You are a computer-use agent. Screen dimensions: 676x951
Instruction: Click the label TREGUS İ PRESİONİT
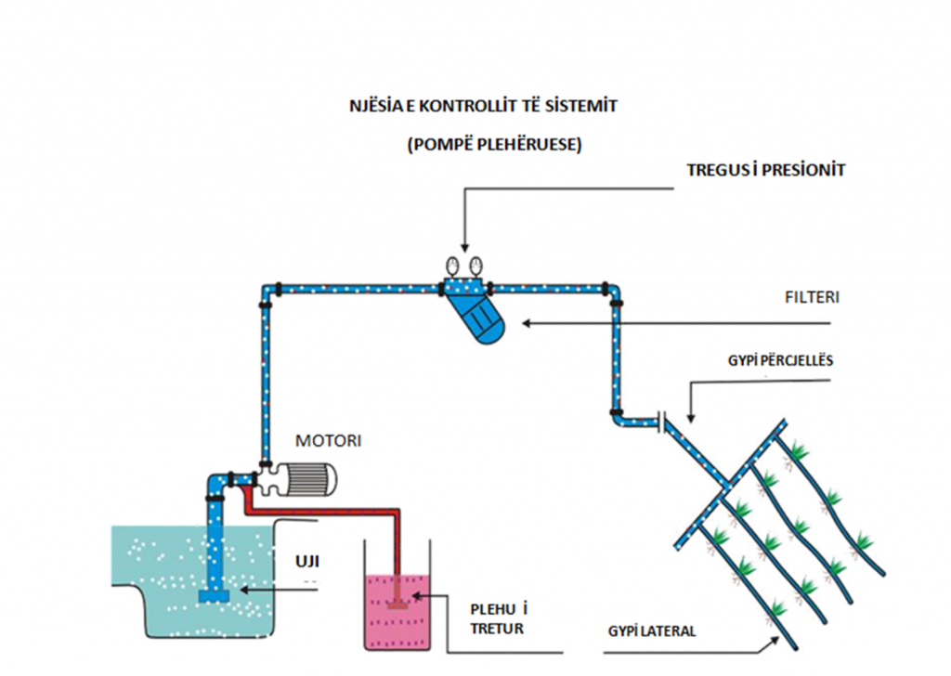(x=765, y=171)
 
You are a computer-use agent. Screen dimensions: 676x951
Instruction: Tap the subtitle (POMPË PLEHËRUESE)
(x=481, y=146)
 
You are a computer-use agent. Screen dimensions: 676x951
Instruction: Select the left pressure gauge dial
(x=453, y=265)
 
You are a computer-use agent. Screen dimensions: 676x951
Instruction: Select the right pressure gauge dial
(x=475, y=265)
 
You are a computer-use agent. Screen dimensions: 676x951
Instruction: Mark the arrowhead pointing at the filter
(x=527, y=324)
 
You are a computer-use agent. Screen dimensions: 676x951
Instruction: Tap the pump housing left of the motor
(x=270, y=478)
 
